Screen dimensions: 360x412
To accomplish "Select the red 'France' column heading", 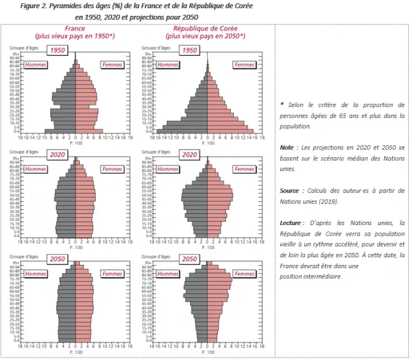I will point(75,29).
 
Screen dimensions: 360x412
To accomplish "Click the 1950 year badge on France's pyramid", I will point(58,50).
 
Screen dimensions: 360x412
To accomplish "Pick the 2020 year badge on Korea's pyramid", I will point(190,155).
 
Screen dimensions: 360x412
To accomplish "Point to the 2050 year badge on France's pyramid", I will point(58,259).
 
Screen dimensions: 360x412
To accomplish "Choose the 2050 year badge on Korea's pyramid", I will point(190,259).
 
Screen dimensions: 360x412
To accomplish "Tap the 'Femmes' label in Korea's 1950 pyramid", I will point(244,65).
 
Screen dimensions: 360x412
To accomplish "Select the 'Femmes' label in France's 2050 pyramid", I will point(112,274).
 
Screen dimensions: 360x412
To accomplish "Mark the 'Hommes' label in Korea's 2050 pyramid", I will point(167,274).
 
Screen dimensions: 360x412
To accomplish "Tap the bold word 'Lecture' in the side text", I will point(292,222).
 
